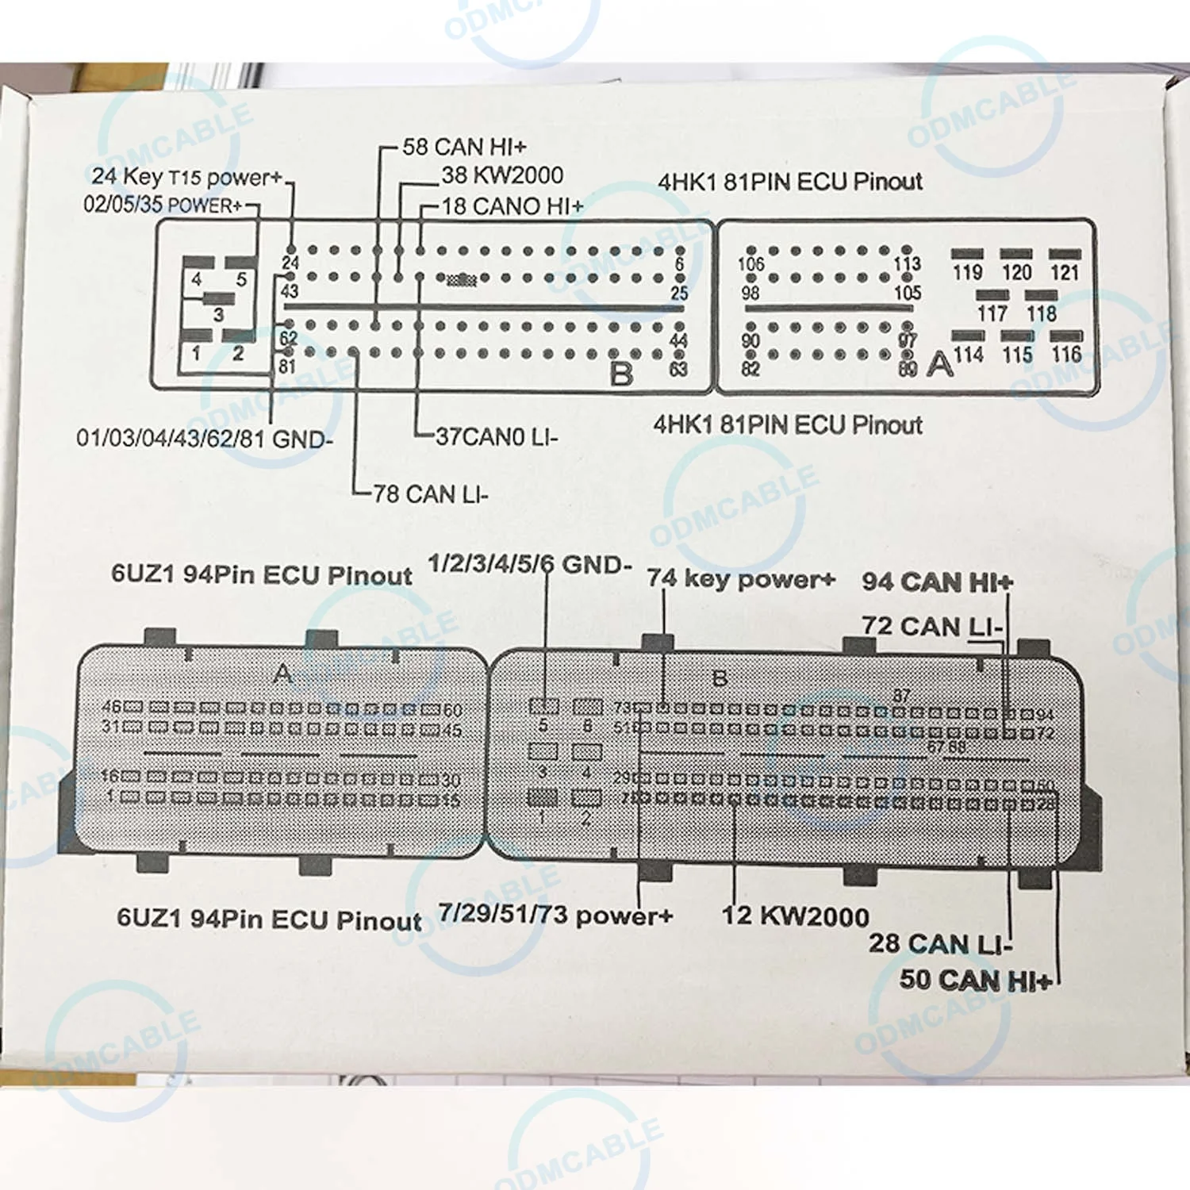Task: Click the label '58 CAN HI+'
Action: coord(464,147)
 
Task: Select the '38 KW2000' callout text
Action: coord(502,175)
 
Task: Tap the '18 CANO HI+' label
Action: coord(512,206)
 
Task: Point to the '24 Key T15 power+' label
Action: coord(186,177)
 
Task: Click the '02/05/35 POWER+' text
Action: coord(163,205)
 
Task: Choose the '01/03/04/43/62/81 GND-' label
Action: coord(205,438)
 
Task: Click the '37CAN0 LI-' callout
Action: coord(497,436)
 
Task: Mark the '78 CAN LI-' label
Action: coord(430,494)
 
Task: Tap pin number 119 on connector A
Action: coord(967,272)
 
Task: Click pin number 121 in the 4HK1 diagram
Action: coord(1065,272)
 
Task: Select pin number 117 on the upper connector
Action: coord(992,313)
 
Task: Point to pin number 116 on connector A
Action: coord(1065,354)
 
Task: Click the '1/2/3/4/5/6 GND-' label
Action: coord(529,565)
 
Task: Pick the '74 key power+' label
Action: coord(740,578)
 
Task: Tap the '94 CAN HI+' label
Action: coord(937,582)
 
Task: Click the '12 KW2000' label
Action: coord(795,916)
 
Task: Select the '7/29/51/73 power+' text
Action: coord(555,915)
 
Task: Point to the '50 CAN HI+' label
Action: coord(975,980)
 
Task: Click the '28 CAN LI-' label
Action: coord(940,944)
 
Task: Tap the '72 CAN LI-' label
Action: coord(932,626)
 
